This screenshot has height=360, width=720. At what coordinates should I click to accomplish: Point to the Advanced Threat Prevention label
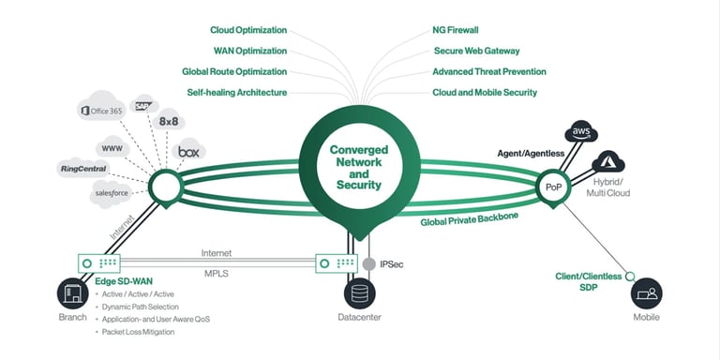tap(488, 71)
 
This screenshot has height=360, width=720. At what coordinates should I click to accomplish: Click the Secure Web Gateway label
tap(476, 51)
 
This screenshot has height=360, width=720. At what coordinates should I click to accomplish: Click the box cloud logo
tap(191, 152)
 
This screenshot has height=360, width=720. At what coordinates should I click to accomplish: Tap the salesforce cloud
tap(113, 193)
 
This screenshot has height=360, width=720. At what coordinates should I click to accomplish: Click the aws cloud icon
tap(580, 133)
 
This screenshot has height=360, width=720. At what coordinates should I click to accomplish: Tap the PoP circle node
tap(552, 187)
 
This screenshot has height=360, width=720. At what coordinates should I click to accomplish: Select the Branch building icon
tap(72, 294)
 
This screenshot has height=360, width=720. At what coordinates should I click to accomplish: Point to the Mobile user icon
tap(646, 294)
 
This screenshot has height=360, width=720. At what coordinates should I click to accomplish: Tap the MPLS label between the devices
tap(217, 275)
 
